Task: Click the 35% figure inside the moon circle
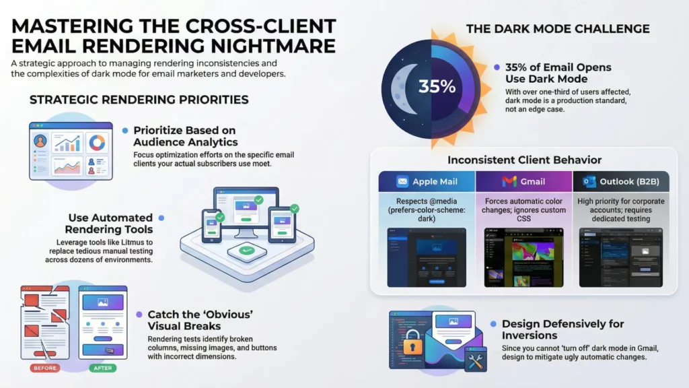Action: click(437, 87)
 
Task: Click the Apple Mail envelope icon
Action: click(402, 181)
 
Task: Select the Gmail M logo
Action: click(509, 181)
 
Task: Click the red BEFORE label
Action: click(44, 368)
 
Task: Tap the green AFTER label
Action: click(102, 368)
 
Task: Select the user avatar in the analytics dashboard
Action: click(41, 142)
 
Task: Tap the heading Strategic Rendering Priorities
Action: click(139, 100)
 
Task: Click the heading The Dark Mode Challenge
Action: click(558, 28)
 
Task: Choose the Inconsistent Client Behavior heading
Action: click(524, 160)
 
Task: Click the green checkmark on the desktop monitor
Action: click(258, 200)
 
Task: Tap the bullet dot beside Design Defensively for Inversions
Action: click(494, 324)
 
